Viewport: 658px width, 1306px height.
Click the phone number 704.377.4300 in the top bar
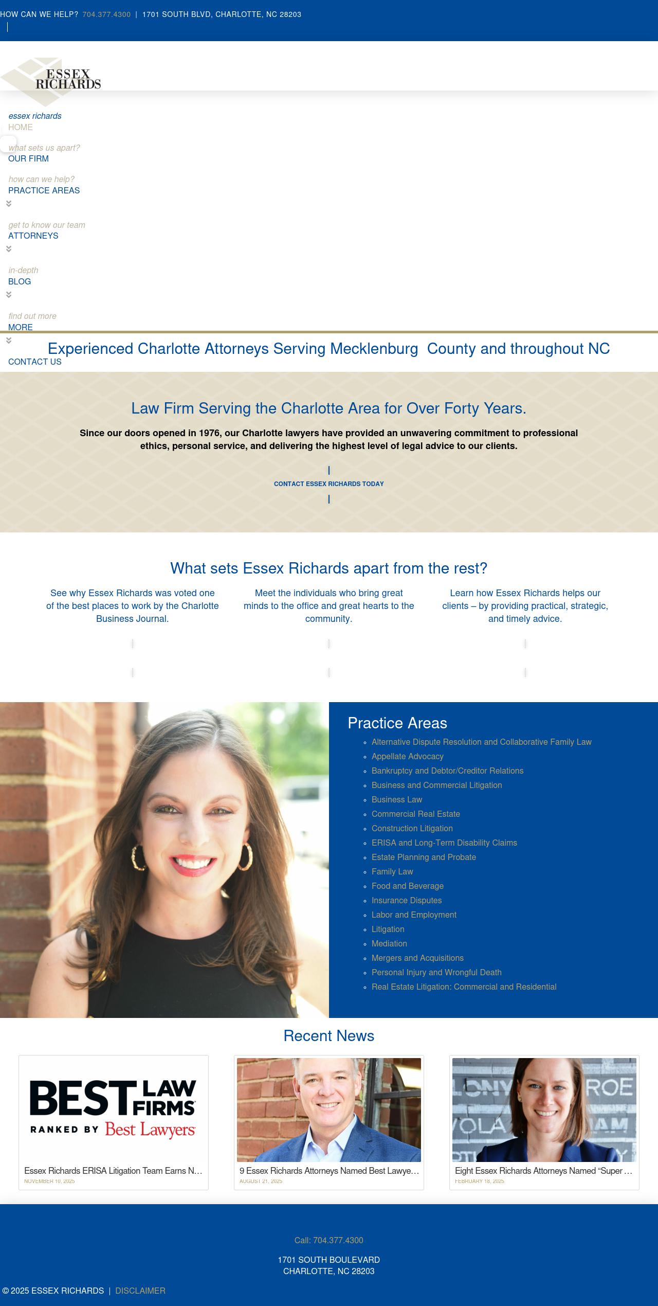tap(106, 14)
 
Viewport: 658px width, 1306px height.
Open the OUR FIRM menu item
tap(28, 158)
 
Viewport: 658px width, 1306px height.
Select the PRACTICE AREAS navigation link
tap(44, 190)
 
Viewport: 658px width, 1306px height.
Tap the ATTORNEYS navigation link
tap(33, 236)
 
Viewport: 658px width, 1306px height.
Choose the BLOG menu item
tap(20, 281)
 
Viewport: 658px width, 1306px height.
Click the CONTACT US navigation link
tap(34, 362)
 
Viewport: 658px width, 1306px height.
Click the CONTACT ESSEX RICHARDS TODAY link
tap(328, 484)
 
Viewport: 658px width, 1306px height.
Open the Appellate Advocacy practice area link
tap(407, 756)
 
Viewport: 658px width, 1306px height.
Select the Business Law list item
tap(396, 799)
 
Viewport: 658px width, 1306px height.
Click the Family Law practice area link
tap(392, 871)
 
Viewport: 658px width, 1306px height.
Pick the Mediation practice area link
tap(389, 943)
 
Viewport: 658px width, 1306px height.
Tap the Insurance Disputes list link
tap(406, 900)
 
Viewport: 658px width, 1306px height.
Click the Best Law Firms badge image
tap(113, 1110)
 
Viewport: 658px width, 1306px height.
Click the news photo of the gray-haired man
tap(328, 1110)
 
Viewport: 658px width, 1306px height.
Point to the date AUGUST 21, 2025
tap(261, 1181)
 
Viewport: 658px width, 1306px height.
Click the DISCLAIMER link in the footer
tap(140, 1291)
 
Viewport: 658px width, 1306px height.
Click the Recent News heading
tap(328, 1035)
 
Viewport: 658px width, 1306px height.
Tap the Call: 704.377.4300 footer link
tap(328, 1240)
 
